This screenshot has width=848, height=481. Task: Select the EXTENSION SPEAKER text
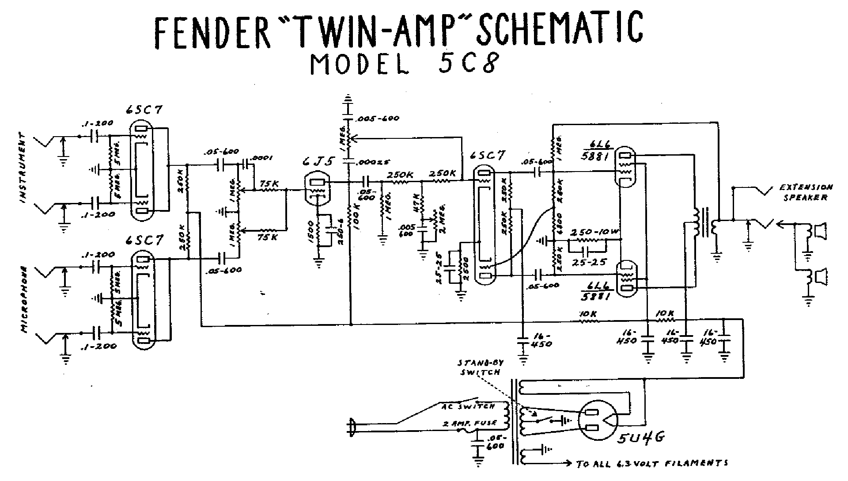coord(806,192)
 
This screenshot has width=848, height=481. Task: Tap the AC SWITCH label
coord(469,406)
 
